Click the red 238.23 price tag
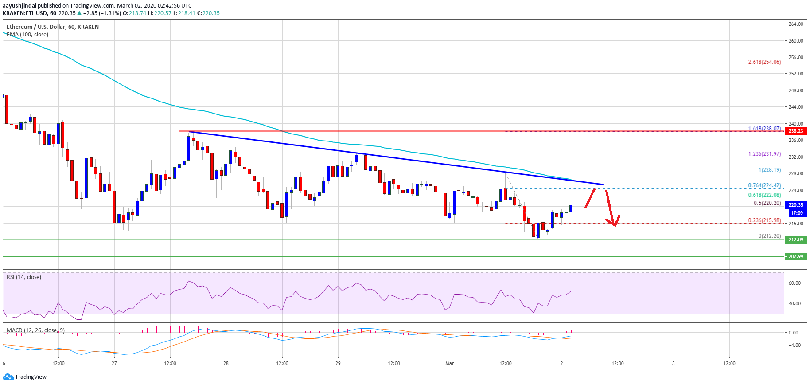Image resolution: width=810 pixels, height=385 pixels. [795, 131]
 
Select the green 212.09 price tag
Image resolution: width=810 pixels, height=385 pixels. [795, 240]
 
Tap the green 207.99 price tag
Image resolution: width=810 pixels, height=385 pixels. [795, 256]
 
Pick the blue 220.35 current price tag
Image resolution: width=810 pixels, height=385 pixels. [795, 205]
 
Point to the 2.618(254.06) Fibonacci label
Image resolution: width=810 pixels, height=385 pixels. [764, 62]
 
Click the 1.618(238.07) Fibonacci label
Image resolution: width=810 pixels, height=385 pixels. [764, 129]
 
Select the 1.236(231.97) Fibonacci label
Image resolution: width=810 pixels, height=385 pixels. [764, 154]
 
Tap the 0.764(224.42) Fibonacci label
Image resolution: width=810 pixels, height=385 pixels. [764, 185]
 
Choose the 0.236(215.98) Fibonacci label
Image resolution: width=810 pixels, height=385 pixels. [764, 220]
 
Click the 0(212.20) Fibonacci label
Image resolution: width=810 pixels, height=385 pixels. [769, 236]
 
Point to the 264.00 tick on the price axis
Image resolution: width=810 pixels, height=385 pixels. [796, 24]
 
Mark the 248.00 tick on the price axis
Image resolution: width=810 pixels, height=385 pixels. [796, 90]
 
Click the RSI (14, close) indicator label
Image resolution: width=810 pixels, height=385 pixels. [24, 277]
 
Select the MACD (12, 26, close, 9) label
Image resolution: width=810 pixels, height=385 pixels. [35, 330]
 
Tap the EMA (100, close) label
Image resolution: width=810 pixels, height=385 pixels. [27, 35]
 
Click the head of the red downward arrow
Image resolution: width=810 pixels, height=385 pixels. [615, 225]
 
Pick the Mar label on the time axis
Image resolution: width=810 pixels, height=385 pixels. [449, 363]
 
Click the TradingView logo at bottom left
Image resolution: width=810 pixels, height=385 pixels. [25, 377]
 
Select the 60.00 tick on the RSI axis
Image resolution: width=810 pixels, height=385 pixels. [794, 283]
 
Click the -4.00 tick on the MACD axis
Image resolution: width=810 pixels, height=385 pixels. [793, 345]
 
